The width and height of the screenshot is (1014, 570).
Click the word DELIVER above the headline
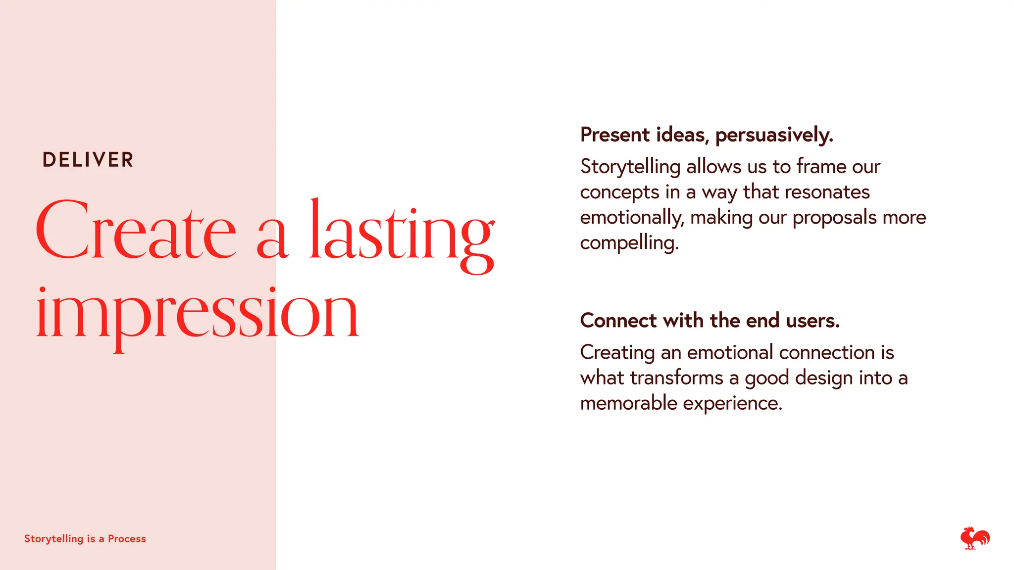(88, 160)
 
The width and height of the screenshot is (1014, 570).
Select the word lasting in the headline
(402, 233)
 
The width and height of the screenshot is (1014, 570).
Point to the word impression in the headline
(197, 314)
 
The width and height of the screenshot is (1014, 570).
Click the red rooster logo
(974, 538)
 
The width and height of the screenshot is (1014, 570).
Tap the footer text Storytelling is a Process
(85, 539)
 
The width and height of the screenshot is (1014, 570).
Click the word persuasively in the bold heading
(774, 135)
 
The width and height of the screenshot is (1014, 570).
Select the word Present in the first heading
(615, 135)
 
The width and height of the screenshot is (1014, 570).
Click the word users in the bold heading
(812, 321)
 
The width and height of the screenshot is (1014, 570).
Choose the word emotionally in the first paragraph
(632, 218)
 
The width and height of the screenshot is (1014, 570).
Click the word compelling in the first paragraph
(629, 243)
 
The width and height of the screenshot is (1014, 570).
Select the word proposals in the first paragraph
(834, 218)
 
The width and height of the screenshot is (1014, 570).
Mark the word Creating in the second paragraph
(617, 353)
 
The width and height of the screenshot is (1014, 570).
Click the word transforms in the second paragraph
(676, 378)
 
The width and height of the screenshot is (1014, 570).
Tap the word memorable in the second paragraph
(628, 403)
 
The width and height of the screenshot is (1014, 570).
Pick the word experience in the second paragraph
(733, 404)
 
